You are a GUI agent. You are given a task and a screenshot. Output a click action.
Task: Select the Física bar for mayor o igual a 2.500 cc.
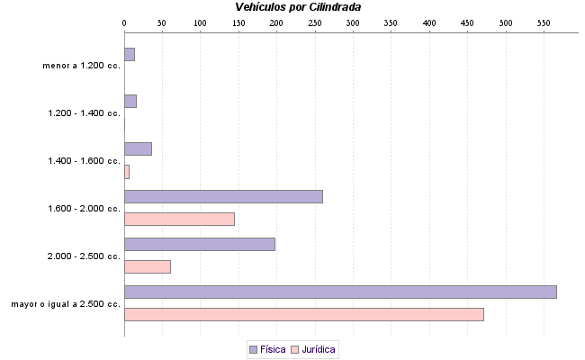[x=340, y=292]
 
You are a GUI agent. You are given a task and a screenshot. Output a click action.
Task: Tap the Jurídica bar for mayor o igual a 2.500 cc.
[x=303, y=314]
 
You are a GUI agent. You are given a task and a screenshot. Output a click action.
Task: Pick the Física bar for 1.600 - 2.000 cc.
[x=223, y=196]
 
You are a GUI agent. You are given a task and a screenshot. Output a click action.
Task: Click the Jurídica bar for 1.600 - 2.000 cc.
[x=179, y=219]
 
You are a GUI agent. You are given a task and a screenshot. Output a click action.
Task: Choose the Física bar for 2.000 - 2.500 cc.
[x=199, y=244]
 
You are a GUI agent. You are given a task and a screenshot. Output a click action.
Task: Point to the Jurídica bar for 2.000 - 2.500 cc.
[x=147, y=266]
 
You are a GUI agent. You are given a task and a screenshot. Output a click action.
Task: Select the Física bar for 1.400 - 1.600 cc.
[x=138, y=148]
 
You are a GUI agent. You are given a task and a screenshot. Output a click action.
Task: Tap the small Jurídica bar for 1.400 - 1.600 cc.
[x=127, y=171]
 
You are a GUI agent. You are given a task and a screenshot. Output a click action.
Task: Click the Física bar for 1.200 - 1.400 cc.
[x=130, y=101]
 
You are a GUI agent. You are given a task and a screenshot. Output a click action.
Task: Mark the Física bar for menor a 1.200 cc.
[x=130, y=54]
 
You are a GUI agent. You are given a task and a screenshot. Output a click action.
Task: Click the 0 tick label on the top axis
[x=124, y=22]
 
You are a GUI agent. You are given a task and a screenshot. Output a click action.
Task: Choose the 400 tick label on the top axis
[x=428, y=22]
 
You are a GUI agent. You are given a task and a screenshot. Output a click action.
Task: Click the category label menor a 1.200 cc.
[x=81, y=66]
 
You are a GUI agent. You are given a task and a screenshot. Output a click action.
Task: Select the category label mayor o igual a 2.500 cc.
[x=66, y=304]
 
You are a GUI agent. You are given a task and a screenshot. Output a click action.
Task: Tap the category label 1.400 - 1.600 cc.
[x=84, y=161]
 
